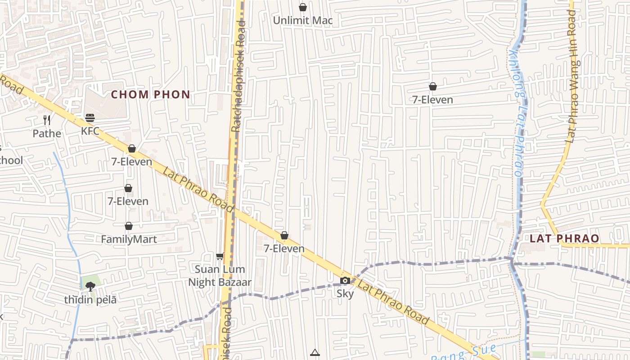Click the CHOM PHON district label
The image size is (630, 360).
coord(150,94)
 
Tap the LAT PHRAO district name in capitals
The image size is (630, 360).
coord(564,238)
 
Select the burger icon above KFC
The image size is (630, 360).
coord(90,118)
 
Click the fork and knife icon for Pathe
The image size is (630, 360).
coord(47,120)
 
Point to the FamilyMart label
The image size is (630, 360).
coord(129,239)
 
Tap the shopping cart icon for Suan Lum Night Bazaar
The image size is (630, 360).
coord(220,256)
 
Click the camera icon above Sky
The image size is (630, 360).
coord(345,281)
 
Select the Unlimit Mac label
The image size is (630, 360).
coord(303,20)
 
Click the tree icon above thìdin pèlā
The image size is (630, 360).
coord(90,286)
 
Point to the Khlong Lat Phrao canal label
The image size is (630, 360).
coord(517,112)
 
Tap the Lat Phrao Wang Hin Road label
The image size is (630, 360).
coord(572,76)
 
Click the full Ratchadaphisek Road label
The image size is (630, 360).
coord(238,76)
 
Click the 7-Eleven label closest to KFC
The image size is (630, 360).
coord(132,162)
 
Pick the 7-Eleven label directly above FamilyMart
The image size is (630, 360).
coord(128,201)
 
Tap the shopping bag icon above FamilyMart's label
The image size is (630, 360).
coord(129,226)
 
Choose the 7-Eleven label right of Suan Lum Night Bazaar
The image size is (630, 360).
coord(284,248)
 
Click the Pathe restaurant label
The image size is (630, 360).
coord(47,134)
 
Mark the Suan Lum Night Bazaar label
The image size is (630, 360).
coord(220,276)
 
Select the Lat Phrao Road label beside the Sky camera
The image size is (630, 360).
coord(393,303)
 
